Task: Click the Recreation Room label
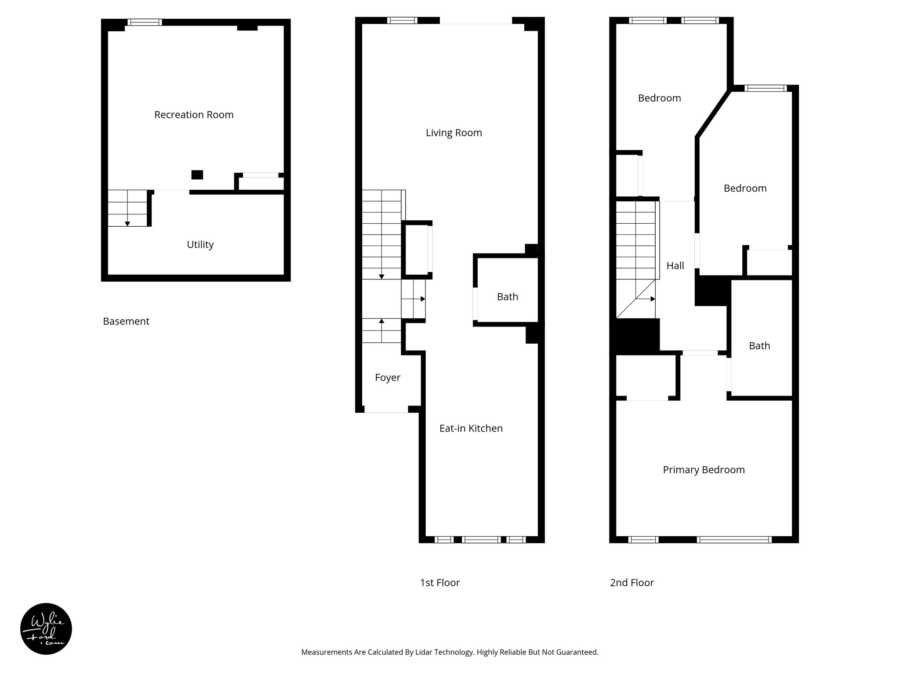pyautogui.click(x=194, y=115)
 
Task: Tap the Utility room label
pyautogui.click(x=200, y=244)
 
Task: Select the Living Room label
pyautogui.click(x=454, y=133)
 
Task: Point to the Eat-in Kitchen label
pyautogui.click(x=471, y=428)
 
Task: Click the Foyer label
pyautogui.click(x=387, y=377)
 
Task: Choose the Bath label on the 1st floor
pyautogui.click(x=507, y=297)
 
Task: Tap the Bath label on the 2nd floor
pyautogui.click(x=759, y=346)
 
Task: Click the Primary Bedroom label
pyautogui.click(x=704, y=470)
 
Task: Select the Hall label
pyautogui.click(x=675, y=265)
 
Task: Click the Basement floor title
pyautogui.click(x=126, y=321)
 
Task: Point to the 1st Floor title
pyautogui.click(x=439, y=583)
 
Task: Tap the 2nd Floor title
pyautogui.click(x=631, y=583)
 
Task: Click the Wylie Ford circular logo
pyautogui.click(x=46, y=629)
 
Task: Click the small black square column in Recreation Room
pyautogui.click(x=197, y=174)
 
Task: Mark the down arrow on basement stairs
pyautogui.click(x=127, y=223)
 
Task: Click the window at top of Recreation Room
pyautogui.click(x=145, y=22)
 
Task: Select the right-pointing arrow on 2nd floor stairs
pyautogui.click(x=653, y=299)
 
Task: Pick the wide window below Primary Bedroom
pyautogui.click(x=734, y=540)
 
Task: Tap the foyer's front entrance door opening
pyautogui.click(x=386, y=410)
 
